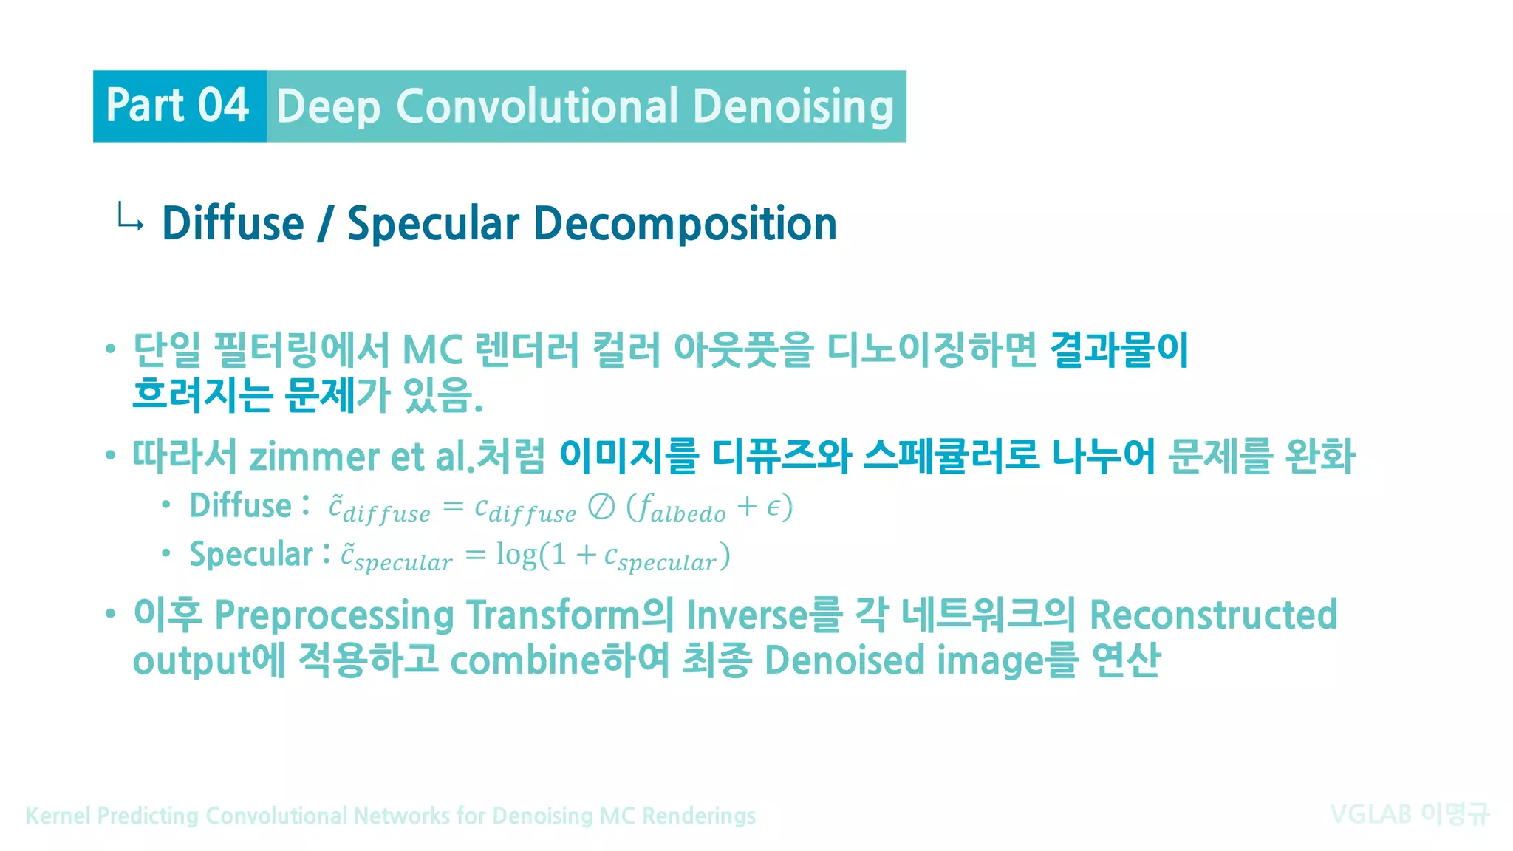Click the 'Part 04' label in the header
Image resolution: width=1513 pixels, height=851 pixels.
click(177, 106)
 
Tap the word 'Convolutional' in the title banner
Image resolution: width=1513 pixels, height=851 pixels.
click(537, 106)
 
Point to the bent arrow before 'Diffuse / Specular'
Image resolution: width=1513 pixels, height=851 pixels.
click(130, 219)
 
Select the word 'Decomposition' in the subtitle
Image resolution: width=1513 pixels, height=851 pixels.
click(685, 223)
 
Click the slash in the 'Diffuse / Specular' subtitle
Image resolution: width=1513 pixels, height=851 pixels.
click(324, 224)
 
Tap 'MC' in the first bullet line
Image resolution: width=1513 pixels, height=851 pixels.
click(432, 349)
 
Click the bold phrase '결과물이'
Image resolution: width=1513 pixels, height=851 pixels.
click(1119, 349)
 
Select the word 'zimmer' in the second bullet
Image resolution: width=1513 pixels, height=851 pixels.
click(314, 457)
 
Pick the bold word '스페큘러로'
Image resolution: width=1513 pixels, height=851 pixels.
click(952, 455)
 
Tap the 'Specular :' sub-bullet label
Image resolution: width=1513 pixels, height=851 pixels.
click(259, 554)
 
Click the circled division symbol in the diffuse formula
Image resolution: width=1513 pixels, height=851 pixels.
click(601, 507)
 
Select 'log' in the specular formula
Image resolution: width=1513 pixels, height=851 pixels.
click(516, 554)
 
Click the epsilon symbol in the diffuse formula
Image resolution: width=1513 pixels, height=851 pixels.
click(773, 508)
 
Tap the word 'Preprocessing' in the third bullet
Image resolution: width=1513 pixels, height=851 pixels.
click(334, 615)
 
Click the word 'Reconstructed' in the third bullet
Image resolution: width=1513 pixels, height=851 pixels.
click(1213, 615)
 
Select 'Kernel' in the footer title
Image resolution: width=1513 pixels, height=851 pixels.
click(58, 816)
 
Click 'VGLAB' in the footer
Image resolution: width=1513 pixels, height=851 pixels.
click(1370, 814)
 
